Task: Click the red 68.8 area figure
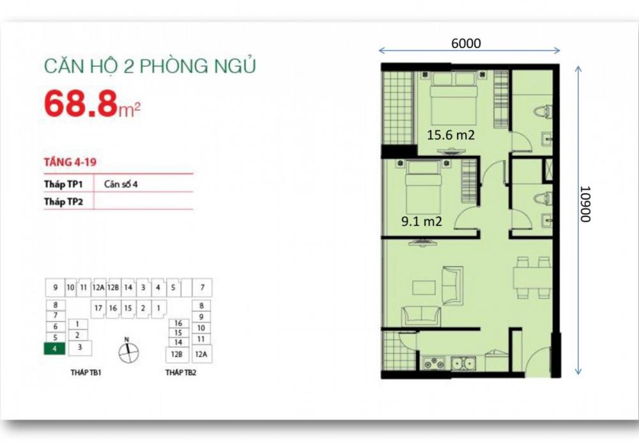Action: click(81, 104)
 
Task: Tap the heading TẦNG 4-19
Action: click(70, 162)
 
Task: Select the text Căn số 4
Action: click(121, 184)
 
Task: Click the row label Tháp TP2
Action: click(63, 201)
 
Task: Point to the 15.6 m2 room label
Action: click(450, 135)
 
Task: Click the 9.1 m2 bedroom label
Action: click(421, 221)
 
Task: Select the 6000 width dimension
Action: click(466, 43)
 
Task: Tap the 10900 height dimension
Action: click(585, 204)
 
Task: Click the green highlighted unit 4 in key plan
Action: click(54, 349)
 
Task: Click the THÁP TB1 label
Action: click(86, 372)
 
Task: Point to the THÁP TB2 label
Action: click(181, 372)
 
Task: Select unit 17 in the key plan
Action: click(98, 308)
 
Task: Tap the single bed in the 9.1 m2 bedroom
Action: click(424, 184)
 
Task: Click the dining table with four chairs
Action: click(533, 278)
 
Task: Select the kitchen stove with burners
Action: click(434, 363)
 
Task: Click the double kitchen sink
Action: click(463, 363)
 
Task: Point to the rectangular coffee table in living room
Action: click(424, 287)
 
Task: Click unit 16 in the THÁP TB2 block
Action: click(178, 323)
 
